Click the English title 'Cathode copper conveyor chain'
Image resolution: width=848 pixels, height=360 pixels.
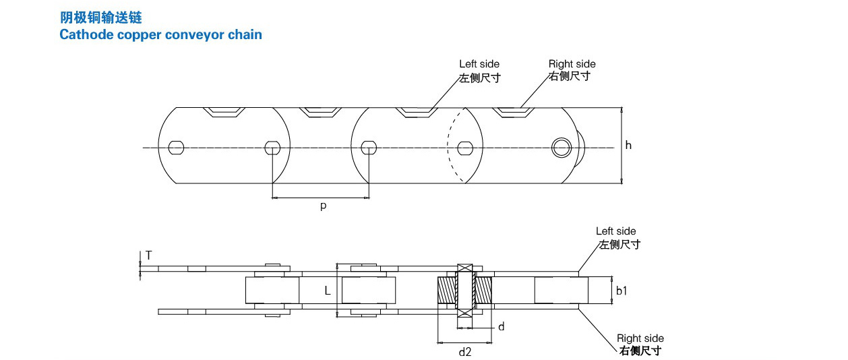(x=160, y=34)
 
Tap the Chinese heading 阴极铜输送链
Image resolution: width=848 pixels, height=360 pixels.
(x=101, y=18)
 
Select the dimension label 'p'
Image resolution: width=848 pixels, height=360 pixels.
(x=323, y=206)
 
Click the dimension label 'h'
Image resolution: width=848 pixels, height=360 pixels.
(x=629, y=145)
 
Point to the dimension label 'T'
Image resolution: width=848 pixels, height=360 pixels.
(x=148, y=255)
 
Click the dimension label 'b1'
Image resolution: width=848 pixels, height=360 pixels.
(x=622, y=291)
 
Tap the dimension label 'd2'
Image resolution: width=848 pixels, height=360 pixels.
(x=464, y=351)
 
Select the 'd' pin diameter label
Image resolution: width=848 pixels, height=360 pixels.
(x=501, y=327)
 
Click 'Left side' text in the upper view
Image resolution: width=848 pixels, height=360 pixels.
(x=479, y=64)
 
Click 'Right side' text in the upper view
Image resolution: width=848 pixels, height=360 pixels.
(x=572, y=64)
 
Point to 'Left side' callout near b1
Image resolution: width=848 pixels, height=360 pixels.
(x=615, y=231)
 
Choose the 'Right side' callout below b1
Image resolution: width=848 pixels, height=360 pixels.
(x=640, y=338)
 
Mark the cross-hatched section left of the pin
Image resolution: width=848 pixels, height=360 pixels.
(x=448, y=291)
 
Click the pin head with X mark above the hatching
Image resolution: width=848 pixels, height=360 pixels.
(x=464, y=268)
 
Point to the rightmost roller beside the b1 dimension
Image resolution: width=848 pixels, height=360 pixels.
(x=561, y=291)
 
